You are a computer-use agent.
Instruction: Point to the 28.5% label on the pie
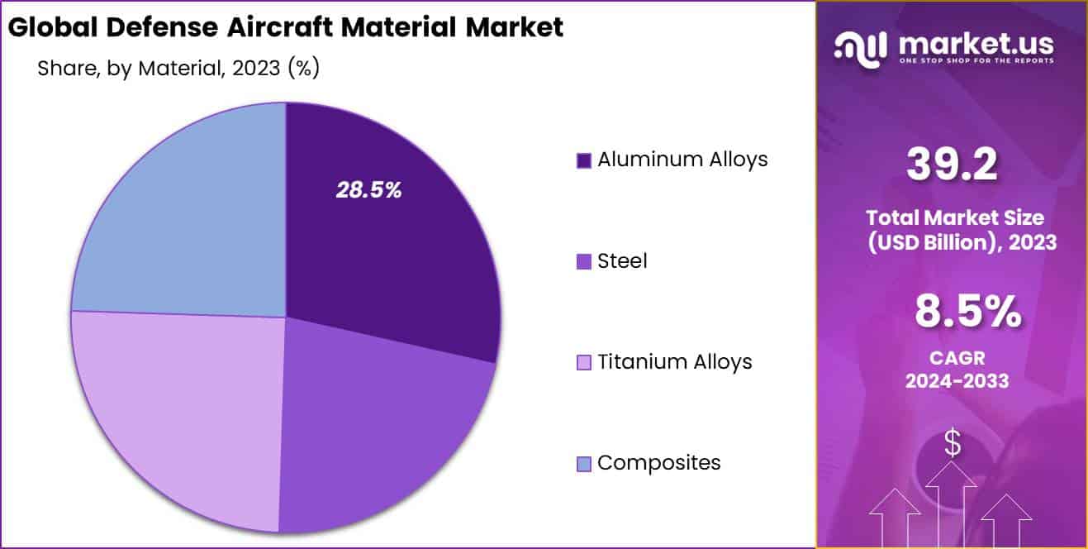tap(368, 190)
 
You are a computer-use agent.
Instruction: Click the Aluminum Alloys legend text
tap(682, 159)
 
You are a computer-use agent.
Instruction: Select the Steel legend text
tap(622, 261)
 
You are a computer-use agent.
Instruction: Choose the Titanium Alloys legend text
tap(674, 361)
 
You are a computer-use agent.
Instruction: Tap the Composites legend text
tap(658, 463)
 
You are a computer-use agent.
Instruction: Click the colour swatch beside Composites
tap(584, 464)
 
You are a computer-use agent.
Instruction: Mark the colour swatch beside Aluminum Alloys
tap(584, 160)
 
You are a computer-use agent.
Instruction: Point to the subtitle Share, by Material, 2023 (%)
tap(178, 69)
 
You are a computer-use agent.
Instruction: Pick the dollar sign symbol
tap(953, 444)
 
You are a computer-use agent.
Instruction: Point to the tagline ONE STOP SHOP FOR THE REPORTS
tap(977, 61)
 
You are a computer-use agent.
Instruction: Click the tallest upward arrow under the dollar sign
tap(953, 504)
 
